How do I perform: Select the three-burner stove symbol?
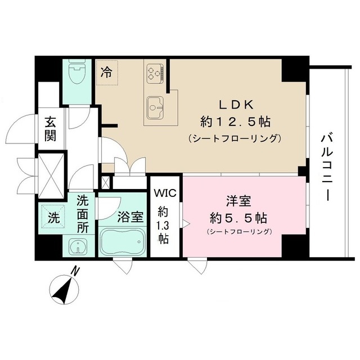pyautogui.click(x=155, y=73)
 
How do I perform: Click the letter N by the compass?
pyautogui.click(x=76, y=273)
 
